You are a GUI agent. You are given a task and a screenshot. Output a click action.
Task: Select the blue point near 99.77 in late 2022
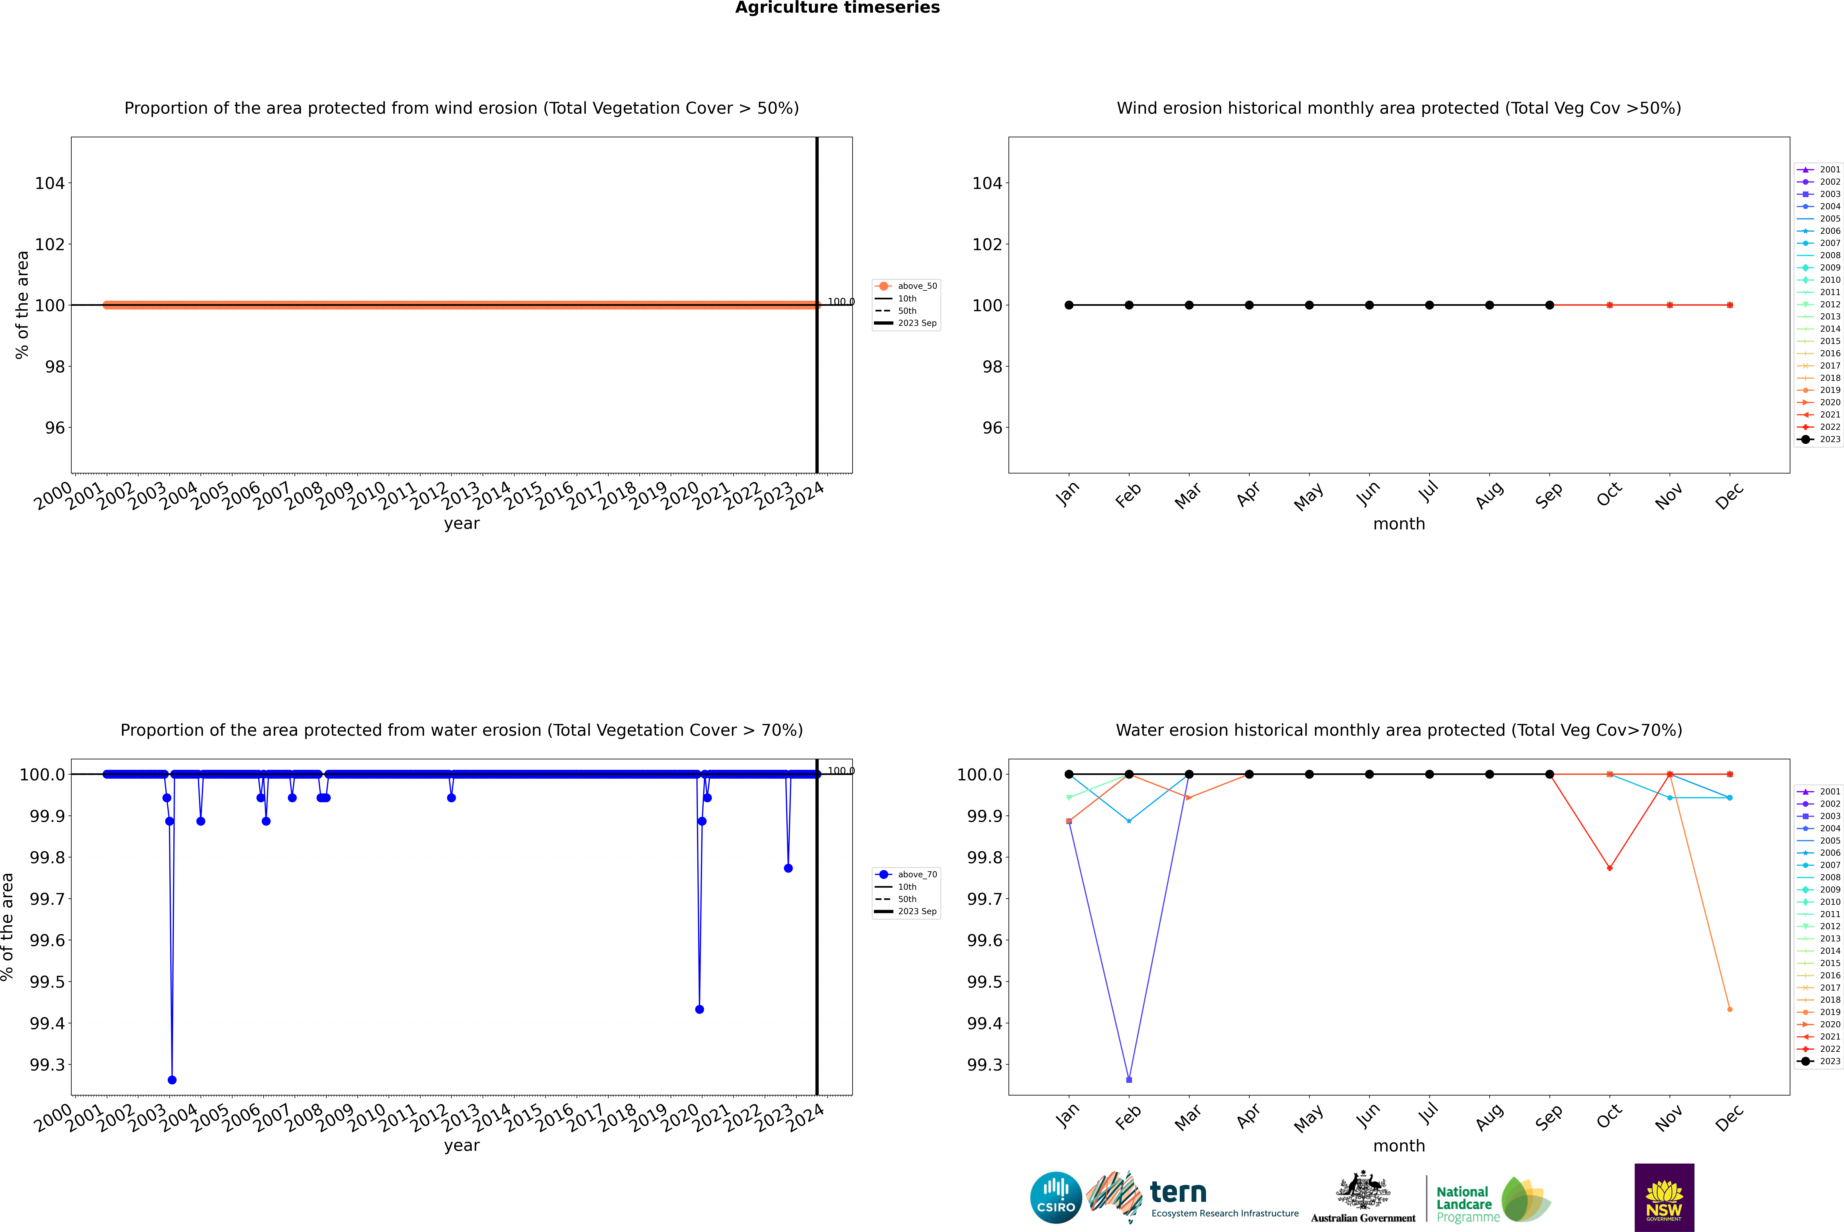pyautogui.click(x=788, y=868)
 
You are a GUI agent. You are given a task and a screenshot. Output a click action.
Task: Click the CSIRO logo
pyautogui.click(x=1056, y=1197)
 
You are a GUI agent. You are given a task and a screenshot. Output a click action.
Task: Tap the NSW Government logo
pyautogui.click(x=1664, y=1197)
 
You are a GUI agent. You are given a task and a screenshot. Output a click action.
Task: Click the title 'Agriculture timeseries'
pyautogui.click(x=837, y=8)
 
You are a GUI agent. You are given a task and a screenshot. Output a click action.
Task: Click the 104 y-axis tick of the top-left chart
pyautogui.click(x=50, y=183)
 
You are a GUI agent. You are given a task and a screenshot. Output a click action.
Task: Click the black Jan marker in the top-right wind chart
pyautogui.click(x=1069, y=305)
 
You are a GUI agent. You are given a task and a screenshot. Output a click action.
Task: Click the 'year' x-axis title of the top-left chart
pyautogui.click(x=461, y=523)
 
